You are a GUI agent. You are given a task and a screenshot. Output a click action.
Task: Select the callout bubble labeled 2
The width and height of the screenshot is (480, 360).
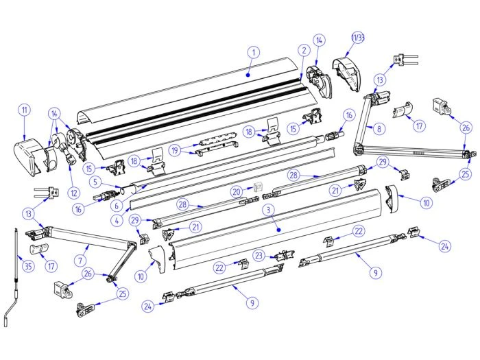click(x=302, y=49)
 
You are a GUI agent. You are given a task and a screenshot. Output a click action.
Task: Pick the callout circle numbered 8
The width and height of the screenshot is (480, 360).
click(x=380, y=127)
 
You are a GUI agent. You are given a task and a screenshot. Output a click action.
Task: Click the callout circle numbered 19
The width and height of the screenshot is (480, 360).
click(x=176, y=150)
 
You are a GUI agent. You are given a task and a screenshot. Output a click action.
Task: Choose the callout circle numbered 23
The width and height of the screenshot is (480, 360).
click(x=258, y=254)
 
